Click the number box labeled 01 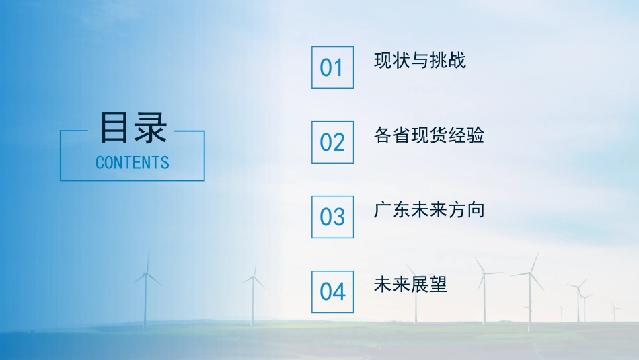click(332, 67)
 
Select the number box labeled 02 click(332, 142)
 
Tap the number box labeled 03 click(332, 217)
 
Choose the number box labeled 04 click(332, 291)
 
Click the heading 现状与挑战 click(420, 61)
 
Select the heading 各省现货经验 click(428, 135)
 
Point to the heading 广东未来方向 click(428, 210)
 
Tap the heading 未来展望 click(410, 285)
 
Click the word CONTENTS click(133, 162)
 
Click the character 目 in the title click(115, 128)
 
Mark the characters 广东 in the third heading click(392, 210)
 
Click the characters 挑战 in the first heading click(447, 61)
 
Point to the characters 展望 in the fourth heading click(428, 285)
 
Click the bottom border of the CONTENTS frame click(133, 180)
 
